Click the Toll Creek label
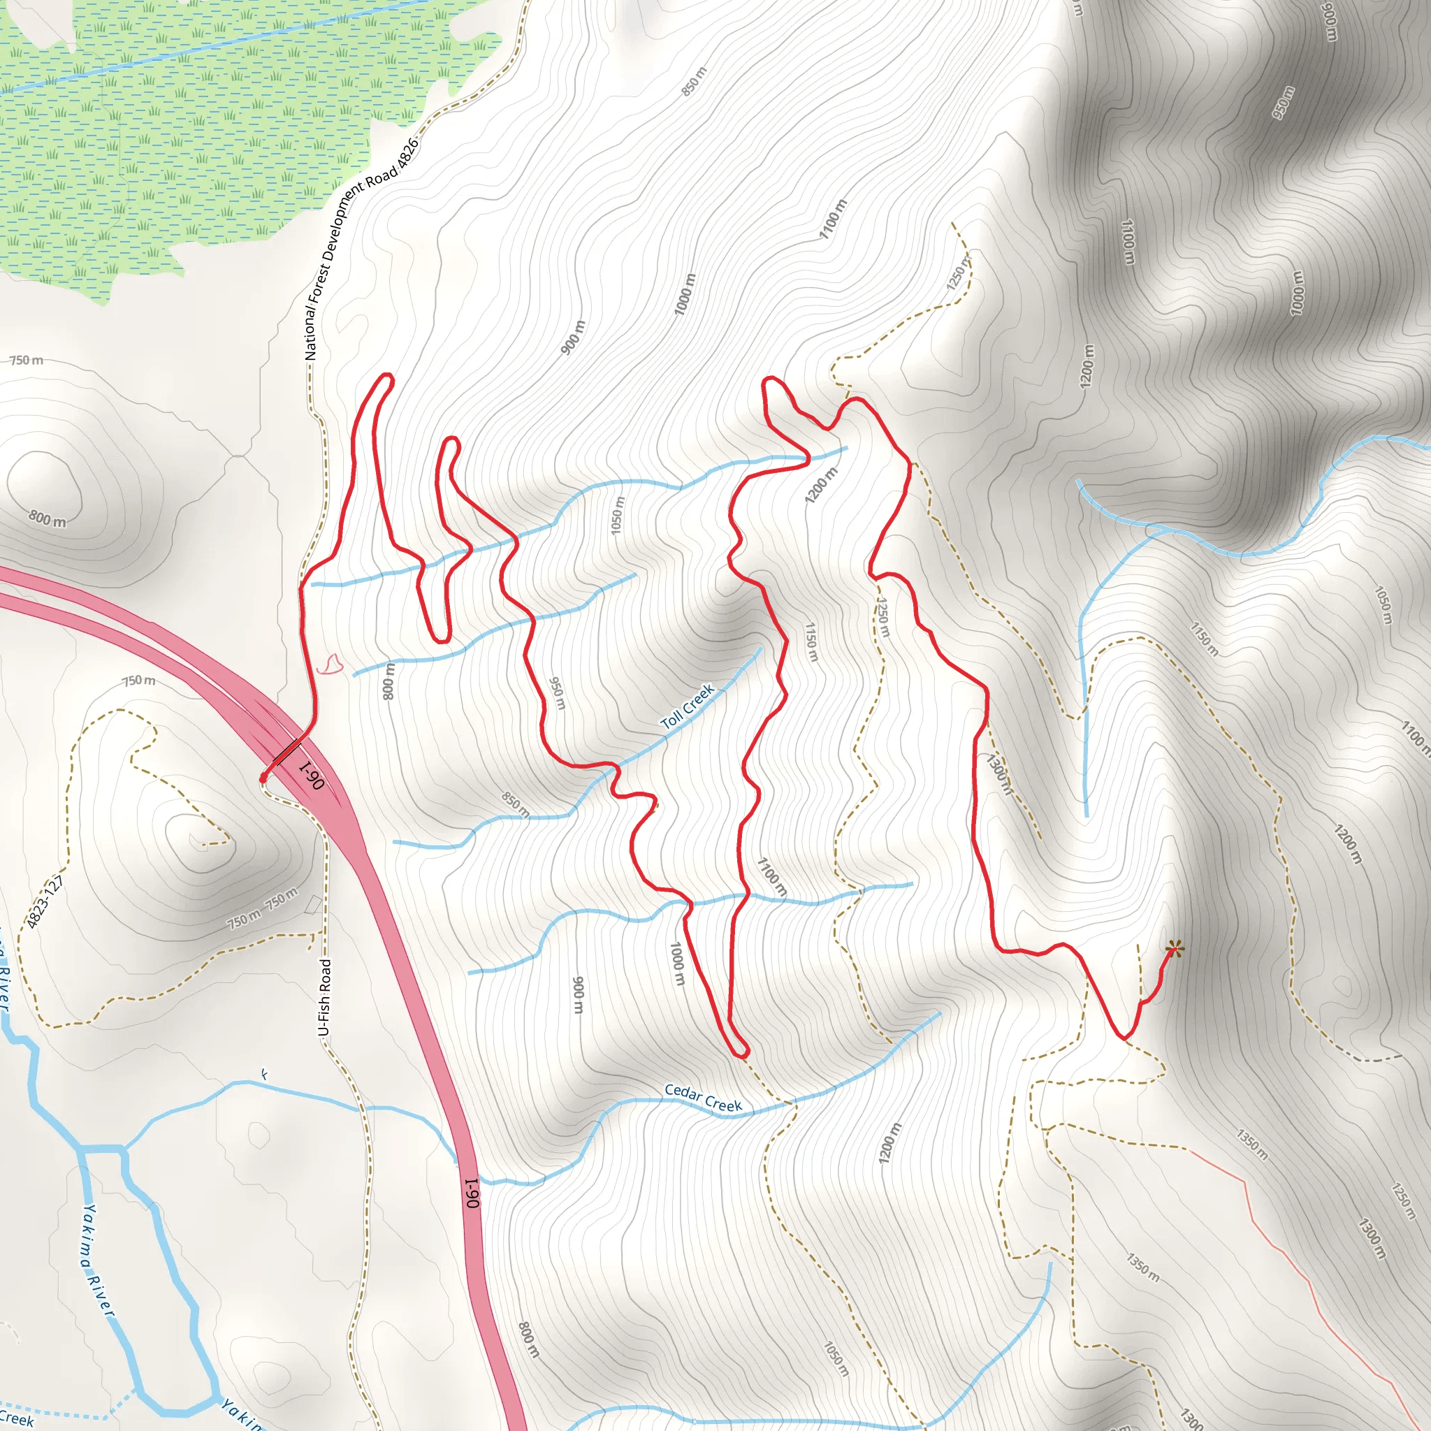[687, 706]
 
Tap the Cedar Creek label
[703, 1098]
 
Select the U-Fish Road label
[324, 998]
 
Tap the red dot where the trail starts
[263, 778]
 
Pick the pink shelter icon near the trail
[330, 664]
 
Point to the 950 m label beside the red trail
[557, 692]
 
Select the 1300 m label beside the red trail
[998, 773]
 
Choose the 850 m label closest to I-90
[515, 804]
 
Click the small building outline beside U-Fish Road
[314, 904]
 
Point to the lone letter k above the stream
[264, 1075]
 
